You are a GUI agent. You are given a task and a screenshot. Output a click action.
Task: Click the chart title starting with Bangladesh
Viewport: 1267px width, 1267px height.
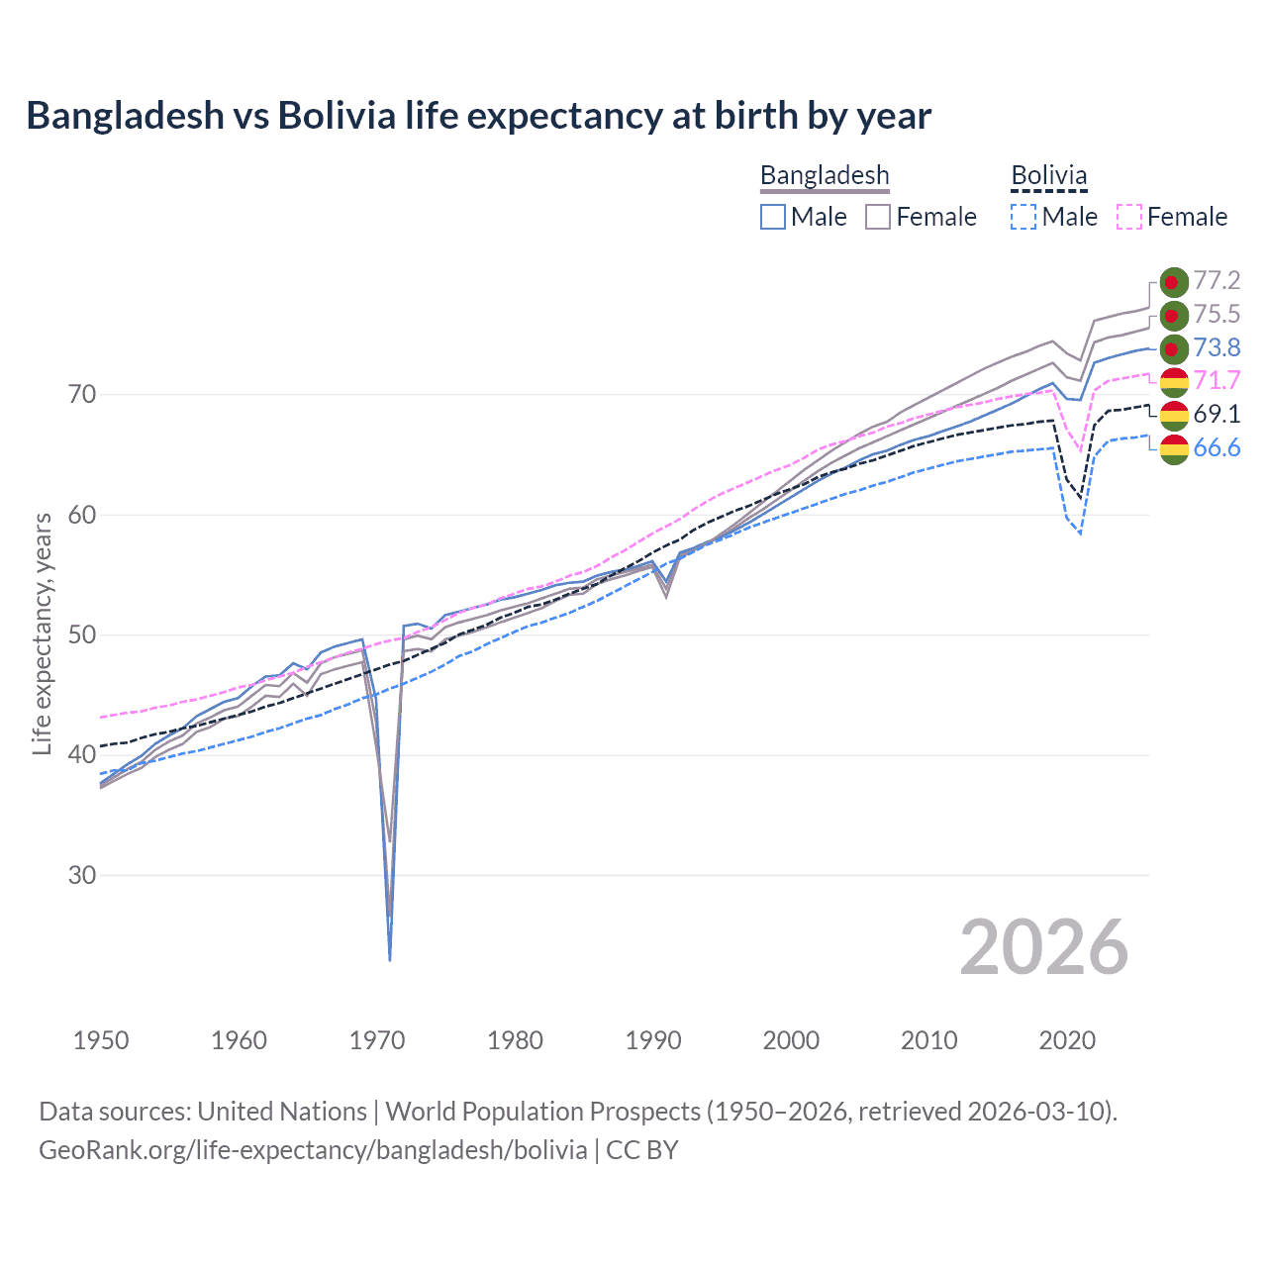(478, 116)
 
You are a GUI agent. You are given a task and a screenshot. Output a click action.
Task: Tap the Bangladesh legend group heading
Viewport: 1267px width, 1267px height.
(825, 175)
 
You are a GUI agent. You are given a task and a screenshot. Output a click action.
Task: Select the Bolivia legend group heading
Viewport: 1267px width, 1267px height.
(1048, 175)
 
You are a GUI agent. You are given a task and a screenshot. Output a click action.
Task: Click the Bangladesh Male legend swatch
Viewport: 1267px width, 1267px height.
(773, 217)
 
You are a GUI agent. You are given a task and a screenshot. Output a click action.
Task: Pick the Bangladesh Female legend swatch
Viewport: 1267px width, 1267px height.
(878, 217)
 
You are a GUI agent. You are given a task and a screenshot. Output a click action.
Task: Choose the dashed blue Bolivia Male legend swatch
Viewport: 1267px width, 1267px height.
(1023, 217)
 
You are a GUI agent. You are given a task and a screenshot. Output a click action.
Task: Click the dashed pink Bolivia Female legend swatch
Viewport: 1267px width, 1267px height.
(1128, 217)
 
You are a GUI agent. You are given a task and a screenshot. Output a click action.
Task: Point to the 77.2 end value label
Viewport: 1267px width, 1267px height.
(1217, 281)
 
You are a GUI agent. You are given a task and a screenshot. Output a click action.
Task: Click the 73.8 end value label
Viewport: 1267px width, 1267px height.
(1217, 347)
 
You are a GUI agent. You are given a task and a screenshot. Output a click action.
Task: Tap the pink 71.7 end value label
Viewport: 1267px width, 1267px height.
(1217, 380)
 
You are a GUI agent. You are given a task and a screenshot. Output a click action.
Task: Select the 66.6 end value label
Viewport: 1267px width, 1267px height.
(1217, 447)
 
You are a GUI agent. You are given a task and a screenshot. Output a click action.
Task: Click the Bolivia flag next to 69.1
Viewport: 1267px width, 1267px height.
(1174, 415)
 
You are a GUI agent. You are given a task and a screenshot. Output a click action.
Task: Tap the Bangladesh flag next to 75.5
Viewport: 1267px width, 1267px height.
(1174, 315)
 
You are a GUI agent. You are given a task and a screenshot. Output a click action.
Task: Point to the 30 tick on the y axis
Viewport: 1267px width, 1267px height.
(82, 875)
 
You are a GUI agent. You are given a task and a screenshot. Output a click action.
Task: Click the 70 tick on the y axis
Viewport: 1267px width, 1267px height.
(82, 394)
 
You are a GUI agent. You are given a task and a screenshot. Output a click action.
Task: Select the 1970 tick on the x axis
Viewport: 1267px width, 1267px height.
(377, 1040)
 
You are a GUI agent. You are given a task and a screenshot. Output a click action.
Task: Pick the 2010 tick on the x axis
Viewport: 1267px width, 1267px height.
(928, 1040)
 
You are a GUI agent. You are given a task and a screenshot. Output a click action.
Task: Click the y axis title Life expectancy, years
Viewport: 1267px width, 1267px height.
(42, 633)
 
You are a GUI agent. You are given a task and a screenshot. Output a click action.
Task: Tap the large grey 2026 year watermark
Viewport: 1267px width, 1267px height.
(1043, 947)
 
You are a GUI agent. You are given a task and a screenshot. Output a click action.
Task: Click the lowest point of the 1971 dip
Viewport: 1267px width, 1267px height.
(390, 959)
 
